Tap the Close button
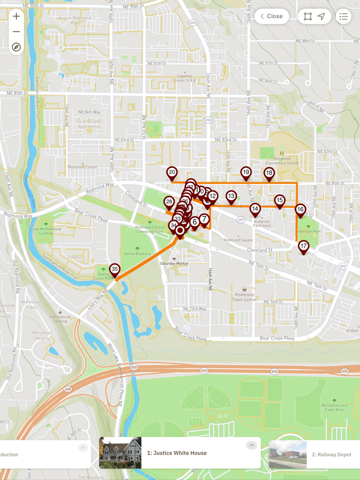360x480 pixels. click(x=272, y=16)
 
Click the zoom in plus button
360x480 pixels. click(x=16, y=16)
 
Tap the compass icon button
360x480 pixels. click(x=16, y=47)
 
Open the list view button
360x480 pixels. click(x=343, y=16)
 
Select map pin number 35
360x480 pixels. click(x=115, y=269)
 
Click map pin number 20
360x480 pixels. click(x=172, y=173)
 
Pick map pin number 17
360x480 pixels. click(x=303, y=246)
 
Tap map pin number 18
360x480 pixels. click(x=269, y=173)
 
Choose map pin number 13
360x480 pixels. click(x=231, y=196)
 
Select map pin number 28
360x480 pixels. click(x=169, y=202)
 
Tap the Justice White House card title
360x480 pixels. click(x=177, y=453)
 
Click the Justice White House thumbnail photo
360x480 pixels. click(x=120, y=453)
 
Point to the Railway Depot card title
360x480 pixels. click(x=332, y=455)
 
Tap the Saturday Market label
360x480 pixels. click(x=174, y=264)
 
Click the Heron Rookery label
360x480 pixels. click(x=136, y=254)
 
